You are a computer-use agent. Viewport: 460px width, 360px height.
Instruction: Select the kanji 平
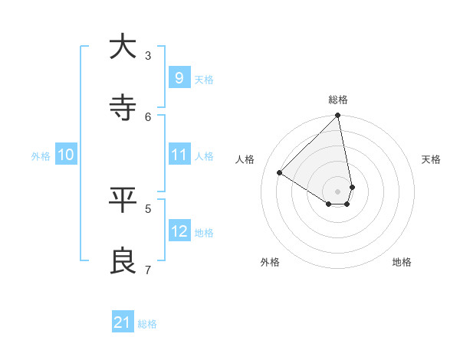[123, 200]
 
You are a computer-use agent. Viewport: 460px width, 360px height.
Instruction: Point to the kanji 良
[123, 261]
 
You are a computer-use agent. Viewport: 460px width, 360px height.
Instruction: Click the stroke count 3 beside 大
[148, 55]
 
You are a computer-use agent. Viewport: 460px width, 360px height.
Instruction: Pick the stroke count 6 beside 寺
[148, 116]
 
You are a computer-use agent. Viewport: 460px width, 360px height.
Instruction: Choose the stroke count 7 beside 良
[148, 270]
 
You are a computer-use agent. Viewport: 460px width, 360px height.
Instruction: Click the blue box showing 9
[179, 78]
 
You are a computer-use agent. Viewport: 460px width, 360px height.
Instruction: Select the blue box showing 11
[179, 155]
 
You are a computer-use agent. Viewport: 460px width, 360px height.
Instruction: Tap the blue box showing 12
[179, 231]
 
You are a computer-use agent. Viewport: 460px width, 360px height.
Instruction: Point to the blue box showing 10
[66, 155]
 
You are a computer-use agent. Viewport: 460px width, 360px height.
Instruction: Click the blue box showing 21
[123, 323]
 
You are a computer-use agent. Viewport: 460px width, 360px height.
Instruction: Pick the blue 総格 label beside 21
[147, 324]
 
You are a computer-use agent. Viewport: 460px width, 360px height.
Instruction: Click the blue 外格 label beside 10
[41, 155]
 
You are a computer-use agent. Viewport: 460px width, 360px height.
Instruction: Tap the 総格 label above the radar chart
[338, 100]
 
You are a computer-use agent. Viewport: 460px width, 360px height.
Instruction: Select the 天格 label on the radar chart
[431, 159]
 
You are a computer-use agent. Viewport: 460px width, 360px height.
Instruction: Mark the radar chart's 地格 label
[402, 262]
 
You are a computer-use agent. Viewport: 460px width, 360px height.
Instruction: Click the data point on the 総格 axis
[338, 116]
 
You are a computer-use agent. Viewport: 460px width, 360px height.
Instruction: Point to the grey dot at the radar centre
[338, 191]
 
